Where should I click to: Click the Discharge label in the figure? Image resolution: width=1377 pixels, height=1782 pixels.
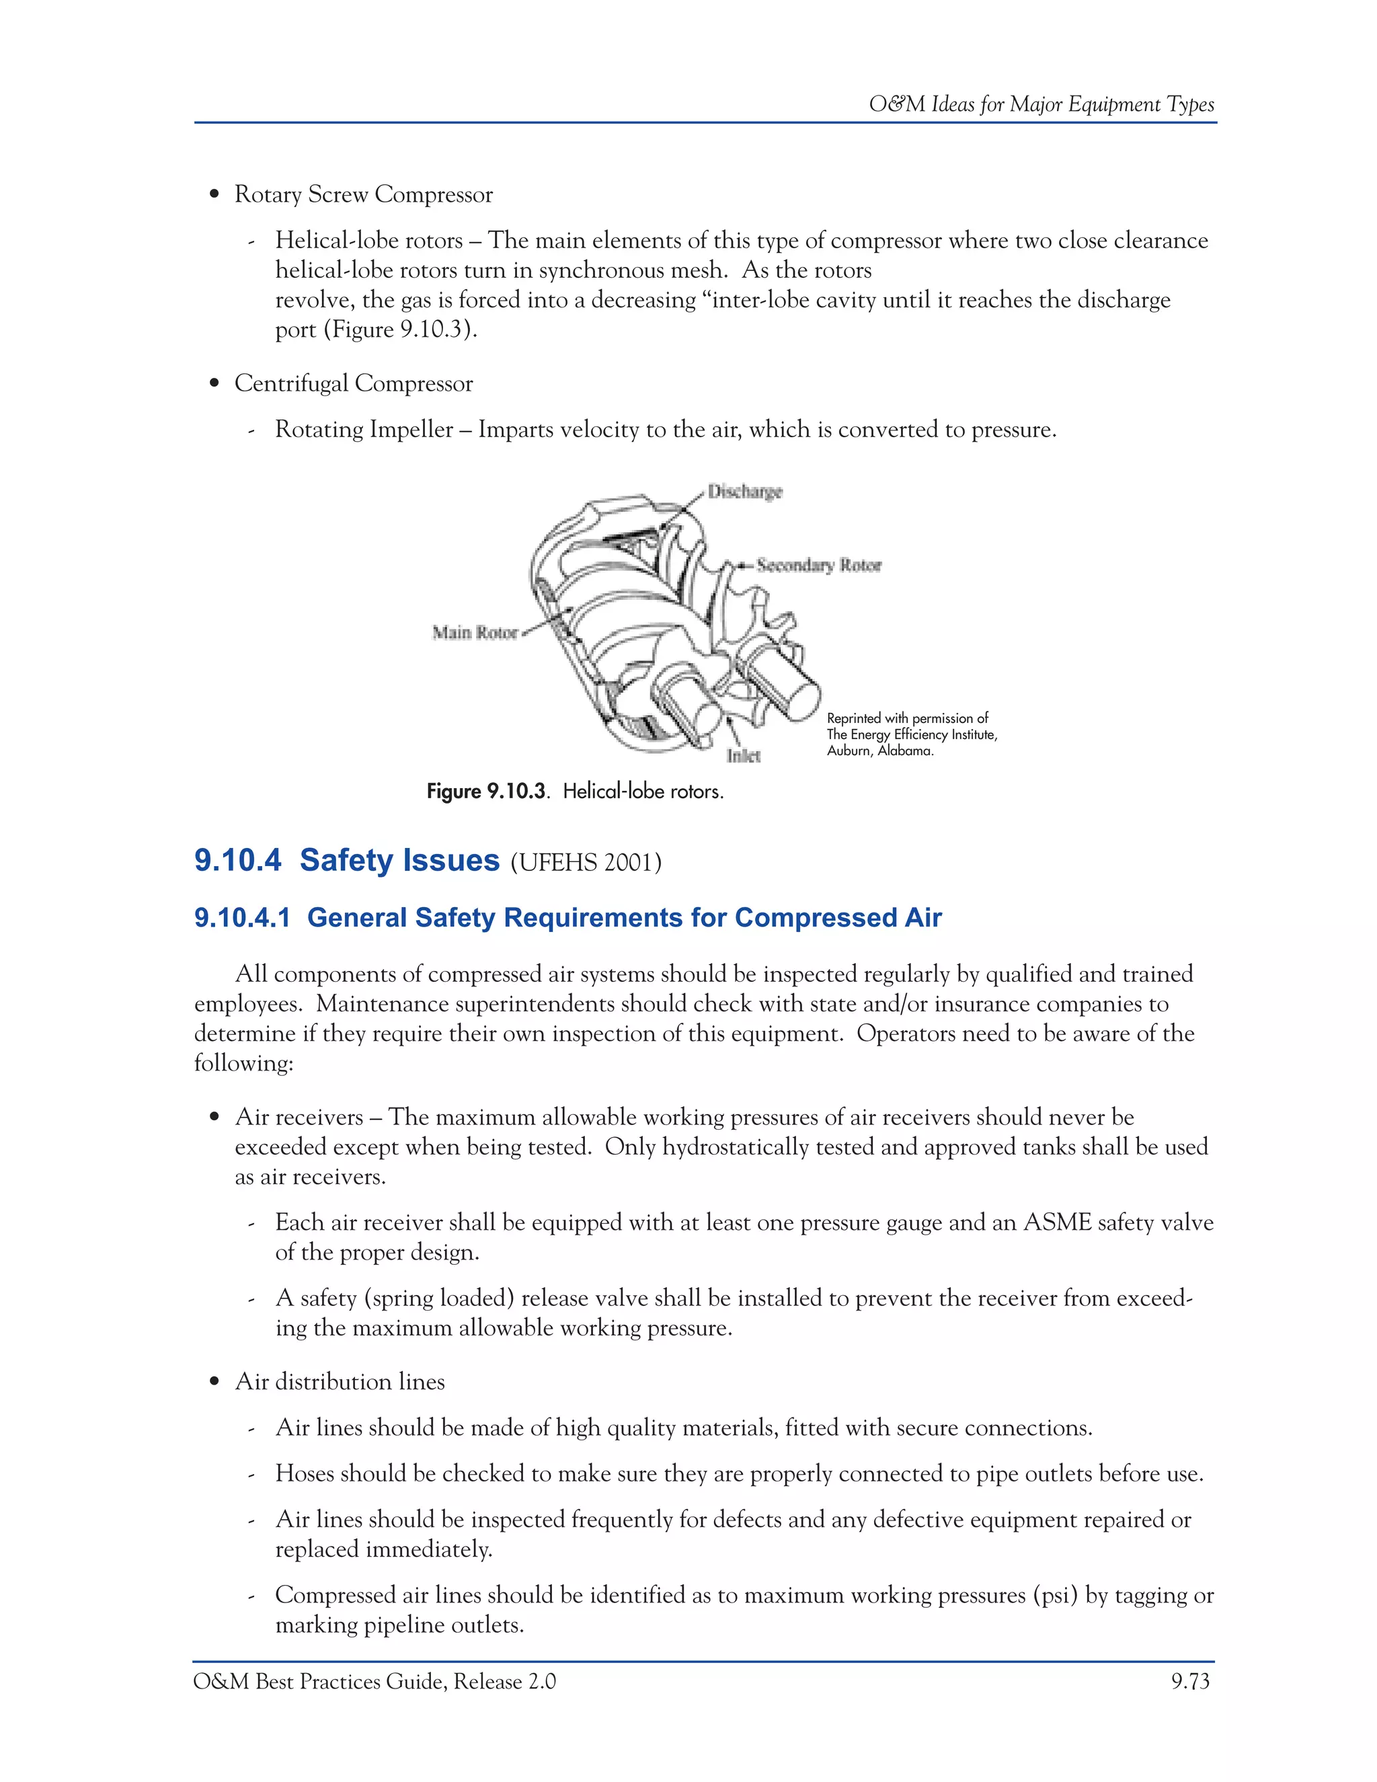744,492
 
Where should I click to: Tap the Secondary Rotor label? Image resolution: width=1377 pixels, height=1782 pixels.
818,566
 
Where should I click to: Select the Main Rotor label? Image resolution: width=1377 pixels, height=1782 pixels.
475,632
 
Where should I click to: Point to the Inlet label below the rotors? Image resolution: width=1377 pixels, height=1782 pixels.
743,757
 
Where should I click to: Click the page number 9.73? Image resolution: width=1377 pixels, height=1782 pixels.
1190,1682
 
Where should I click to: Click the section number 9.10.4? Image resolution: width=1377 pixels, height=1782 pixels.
237,861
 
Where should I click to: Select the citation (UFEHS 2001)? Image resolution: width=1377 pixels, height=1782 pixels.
586,863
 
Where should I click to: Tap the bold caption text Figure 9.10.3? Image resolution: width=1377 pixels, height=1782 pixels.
487,791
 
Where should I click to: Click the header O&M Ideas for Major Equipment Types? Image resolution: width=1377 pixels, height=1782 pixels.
1041,104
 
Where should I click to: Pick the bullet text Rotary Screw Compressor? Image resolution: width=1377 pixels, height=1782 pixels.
363,195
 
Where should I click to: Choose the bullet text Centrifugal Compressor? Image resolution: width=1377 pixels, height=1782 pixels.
353,383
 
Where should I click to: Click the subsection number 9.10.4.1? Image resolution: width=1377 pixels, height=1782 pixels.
242,918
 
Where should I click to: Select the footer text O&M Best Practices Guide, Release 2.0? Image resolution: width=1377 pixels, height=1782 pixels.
375,1682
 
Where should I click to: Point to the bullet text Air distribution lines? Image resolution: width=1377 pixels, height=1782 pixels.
340,1381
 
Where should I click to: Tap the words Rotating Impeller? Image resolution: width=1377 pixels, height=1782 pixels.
364,430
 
